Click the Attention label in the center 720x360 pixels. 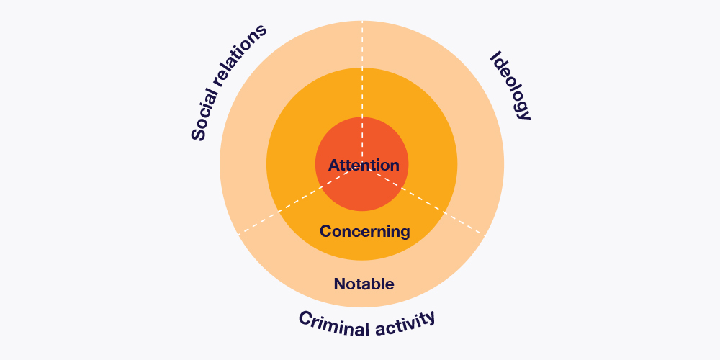pyautogui.click(x=364, y=166)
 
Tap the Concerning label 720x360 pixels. pyautogui.click(x=364, y=231)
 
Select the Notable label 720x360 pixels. pyautogui.click(x=364, y=284)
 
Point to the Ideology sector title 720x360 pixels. pyautogui.click(x=510, y=86)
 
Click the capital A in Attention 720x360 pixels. pyautogui.click(x=334, y=166)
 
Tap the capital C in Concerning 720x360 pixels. pyautogui.click(x=325, y=231)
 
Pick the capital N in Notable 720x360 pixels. pyautogui.click(x=339, y=284)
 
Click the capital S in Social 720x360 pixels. pyautogui.click(x=198, y=133)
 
